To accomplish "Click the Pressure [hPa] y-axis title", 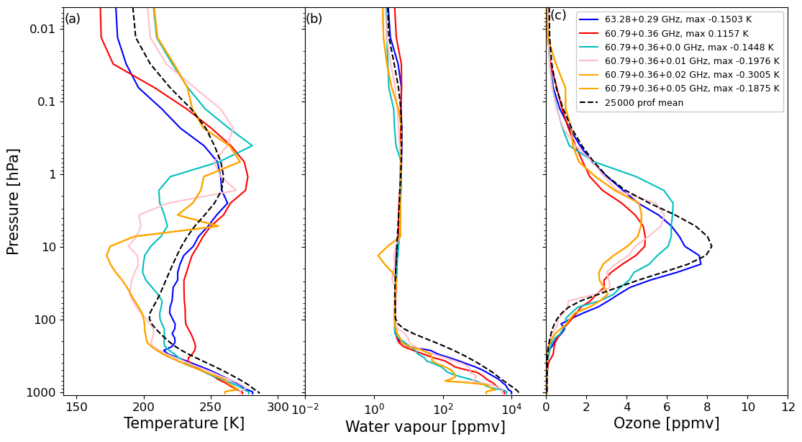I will [x=13, y=201].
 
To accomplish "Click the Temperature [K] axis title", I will [x=184, y=424].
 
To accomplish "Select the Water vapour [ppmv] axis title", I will [x=425, y=427].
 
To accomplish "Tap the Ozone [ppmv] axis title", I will [x=666, y=424].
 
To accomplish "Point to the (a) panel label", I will [x=73, y=19].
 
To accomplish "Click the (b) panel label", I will [x=314, y=19].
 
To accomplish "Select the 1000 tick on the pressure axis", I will [x=45, y=392].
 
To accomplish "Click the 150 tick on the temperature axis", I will [x=77, y=407].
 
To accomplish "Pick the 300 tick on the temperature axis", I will [x=278, y=407].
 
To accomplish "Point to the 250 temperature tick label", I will [x=211, y=407].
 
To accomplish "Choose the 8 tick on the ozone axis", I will [x=707, y=407].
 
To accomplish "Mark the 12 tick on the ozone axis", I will [x=788, y=407].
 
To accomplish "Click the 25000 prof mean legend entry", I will [x=644, y=103].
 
